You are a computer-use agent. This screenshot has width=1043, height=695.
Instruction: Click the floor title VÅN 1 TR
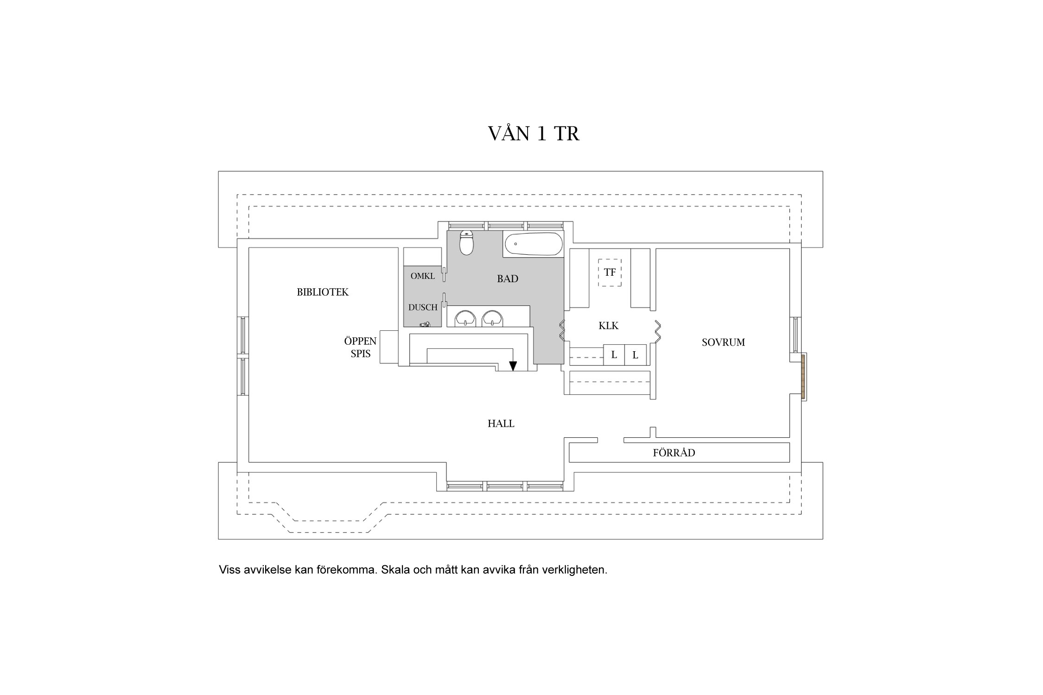click(x=534, y=133)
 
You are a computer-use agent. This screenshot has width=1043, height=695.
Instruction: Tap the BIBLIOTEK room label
click(x=323, y=292)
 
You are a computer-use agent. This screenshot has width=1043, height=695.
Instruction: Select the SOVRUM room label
click(x=723, y=342)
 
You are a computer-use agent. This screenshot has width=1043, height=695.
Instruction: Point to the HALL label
click(x=501, y=423)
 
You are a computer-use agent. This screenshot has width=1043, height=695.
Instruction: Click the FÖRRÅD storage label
click(x=674, y=453)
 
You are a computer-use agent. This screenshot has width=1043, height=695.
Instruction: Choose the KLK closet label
click(x=609, y=326)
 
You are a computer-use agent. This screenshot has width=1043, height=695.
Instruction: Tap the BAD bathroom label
click(x=508, y=278)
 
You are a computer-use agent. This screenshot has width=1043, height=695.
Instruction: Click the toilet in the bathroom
click(x=466, y=243)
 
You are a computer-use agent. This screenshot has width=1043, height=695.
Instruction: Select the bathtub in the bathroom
click(x=533, y=244)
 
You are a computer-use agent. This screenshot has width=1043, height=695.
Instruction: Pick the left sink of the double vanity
click(x=465, y=318)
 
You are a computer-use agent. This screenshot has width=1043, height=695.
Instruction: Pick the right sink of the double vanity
click(x=492, y=318)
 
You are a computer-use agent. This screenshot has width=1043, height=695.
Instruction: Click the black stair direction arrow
click(x=513, y=366)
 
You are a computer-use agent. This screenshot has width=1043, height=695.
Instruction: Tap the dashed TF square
click(x=610, y=272)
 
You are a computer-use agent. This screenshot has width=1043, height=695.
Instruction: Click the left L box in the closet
click(x=614, y=355)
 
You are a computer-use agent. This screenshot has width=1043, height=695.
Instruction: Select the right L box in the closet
click(x=636, y=355)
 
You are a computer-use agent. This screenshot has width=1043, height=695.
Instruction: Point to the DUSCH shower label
click(x=423, y=307)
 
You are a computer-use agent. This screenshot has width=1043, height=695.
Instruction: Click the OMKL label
click(x=423, y=276)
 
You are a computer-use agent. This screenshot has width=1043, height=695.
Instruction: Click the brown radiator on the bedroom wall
click(x=803, y=376)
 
